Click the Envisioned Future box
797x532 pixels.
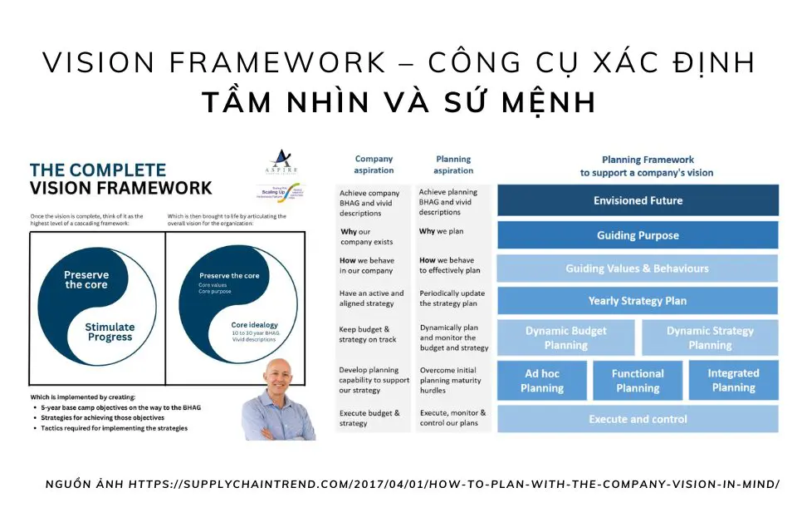coord(638,200)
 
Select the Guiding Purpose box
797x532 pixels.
coord(638,235)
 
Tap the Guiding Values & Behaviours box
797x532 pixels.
coord(638,268)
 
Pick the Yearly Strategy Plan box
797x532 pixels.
coord(638,301)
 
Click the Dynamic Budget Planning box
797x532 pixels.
coord(566,337)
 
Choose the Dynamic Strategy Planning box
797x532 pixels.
coord(710,337)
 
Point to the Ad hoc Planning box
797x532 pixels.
coord(542,381)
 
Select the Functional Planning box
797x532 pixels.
coord(638,381)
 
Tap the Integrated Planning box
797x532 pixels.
coord(733,381)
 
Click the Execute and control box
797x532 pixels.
coord(638,419)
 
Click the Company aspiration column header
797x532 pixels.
coord(374,165)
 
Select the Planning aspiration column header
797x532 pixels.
coord(453,165)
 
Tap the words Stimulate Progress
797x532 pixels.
coord(110,332)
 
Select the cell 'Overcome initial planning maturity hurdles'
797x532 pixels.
coord(452,380)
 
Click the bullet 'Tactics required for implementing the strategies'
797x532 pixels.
coord(115,428)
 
